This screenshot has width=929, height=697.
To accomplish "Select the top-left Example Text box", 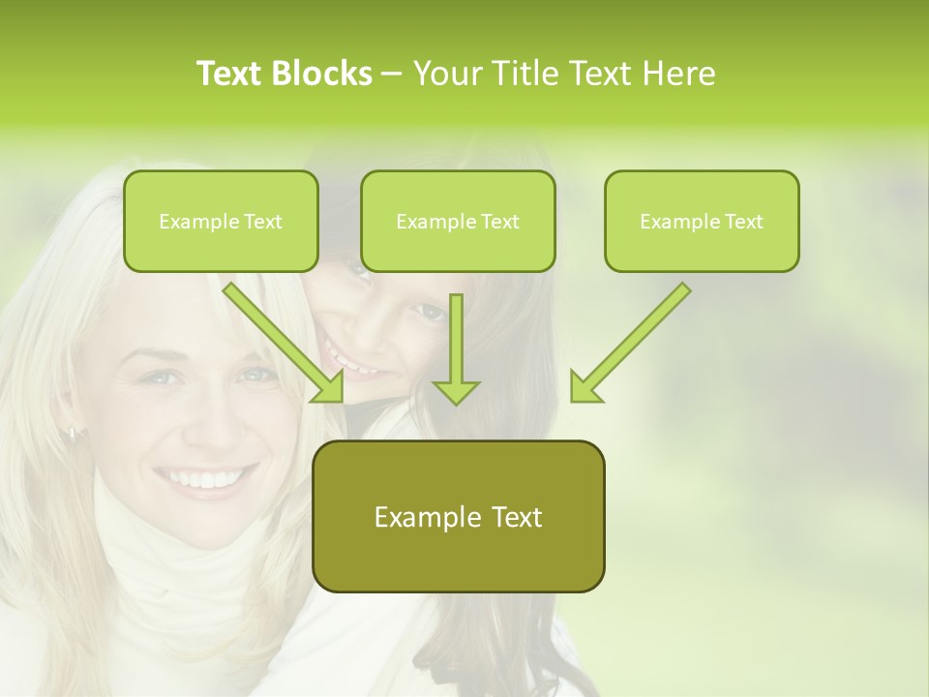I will pos(221,222).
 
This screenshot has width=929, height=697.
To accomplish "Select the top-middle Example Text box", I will pos(458,222).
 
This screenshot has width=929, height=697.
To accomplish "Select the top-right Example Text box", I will pos(702,222).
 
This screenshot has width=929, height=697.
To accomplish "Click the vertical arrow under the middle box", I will pos(456,348).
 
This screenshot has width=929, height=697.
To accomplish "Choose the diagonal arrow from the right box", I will pos(634,339).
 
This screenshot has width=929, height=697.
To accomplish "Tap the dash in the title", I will pos(392,74).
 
